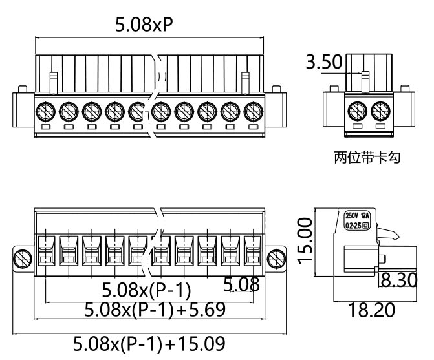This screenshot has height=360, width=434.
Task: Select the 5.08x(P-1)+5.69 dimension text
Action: click(x=155, y=310)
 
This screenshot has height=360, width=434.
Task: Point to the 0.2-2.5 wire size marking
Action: click(x=354, y=226)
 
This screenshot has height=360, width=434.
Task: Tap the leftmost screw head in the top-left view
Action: click(x=45, y=111)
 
